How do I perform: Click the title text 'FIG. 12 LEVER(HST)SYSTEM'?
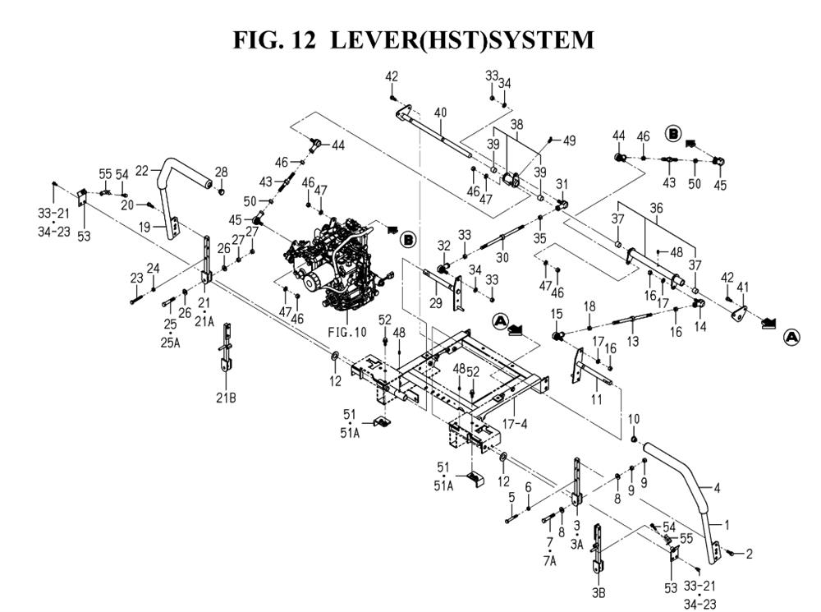pos(413,39)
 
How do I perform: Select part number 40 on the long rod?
pos(440,113)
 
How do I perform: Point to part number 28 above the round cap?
pos(221,172)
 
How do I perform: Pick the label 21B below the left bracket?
pos(226,398)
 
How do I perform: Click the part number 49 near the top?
pos(569,140)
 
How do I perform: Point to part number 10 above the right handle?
pos(633,420)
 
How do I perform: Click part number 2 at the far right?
pos(749,554)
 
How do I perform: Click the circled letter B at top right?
pos(673,132)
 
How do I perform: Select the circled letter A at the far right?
pos(791,336)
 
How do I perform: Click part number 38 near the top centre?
pos(516,124)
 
